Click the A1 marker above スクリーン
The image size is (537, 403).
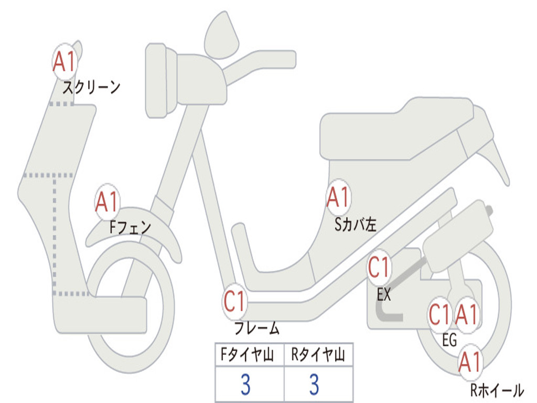pyautogui.click(x=65, y=62)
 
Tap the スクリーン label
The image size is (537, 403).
pyautogui.click(x=91, y=87)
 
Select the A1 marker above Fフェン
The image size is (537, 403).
pyautogui.click(x=108, y=202)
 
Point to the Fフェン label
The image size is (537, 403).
pyautogui.click(x=130, y=227)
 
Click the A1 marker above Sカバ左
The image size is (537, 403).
pyautogui.click(x=338, y=198)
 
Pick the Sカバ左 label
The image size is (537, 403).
pyautogui.click(x=356, y=225)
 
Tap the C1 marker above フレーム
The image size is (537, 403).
pyautogui.click(x=234, y=301)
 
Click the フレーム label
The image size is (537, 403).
pyautogui.click(x=256, y=329)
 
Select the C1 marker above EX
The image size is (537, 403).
pyautogui.click(x=379, y=268)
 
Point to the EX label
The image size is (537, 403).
pyautogui.click(x=384, y=295)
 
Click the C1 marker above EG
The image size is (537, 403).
pyautogui.click(x=439, y=315)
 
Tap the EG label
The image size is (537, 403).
pyautogui.click(x=449, y=341)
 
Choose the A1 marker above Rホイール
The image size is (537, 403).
pyautogui.click(x=470, y=362)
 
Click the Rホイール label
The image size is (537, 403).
pyautogui.click(x=496, y=390)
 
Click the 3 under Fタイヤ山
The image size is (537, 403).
pyautogui.click(x=245, y=385)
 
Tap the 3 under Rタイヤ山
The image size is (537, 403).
pyautogui.click(x=314, y=385)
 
